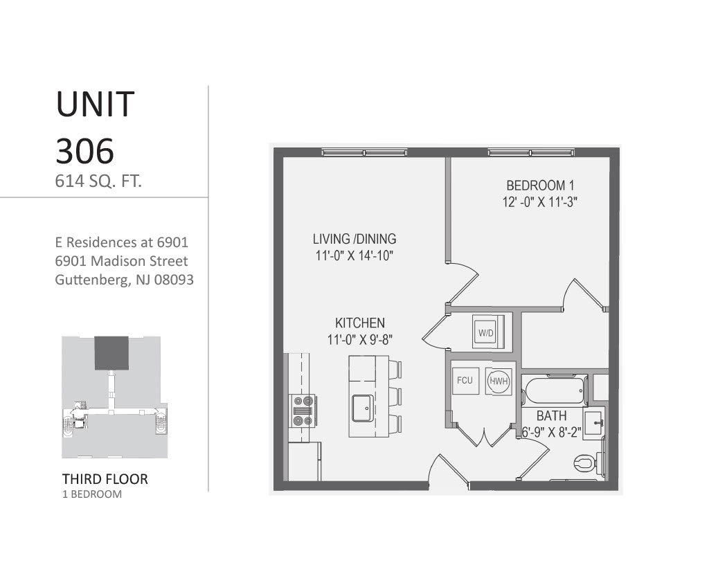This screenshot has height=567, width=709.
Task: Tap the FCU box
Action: (x=465, y=381)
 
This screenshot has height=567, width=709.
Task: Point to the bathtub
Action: (x=555, y=393)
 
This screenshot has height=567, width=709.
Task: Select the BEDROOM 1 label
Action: (x=540, y=186)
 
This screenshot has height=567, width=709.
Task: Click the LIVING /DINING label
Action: (x=354, y=239)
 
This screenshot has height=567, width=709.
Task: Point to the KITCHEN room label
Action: (x=359, y=323)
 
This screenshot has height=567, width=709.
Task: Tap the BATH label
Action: (x=552, y=416)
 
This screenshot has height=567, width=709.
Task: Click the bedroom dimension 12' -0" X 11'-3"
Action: (x=540, y=203)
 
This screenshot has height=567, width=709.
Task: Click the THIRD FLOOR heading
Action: (x=105, y=478)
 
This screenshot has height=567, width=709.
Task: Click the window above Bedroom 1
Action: (x=531, y=152)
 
